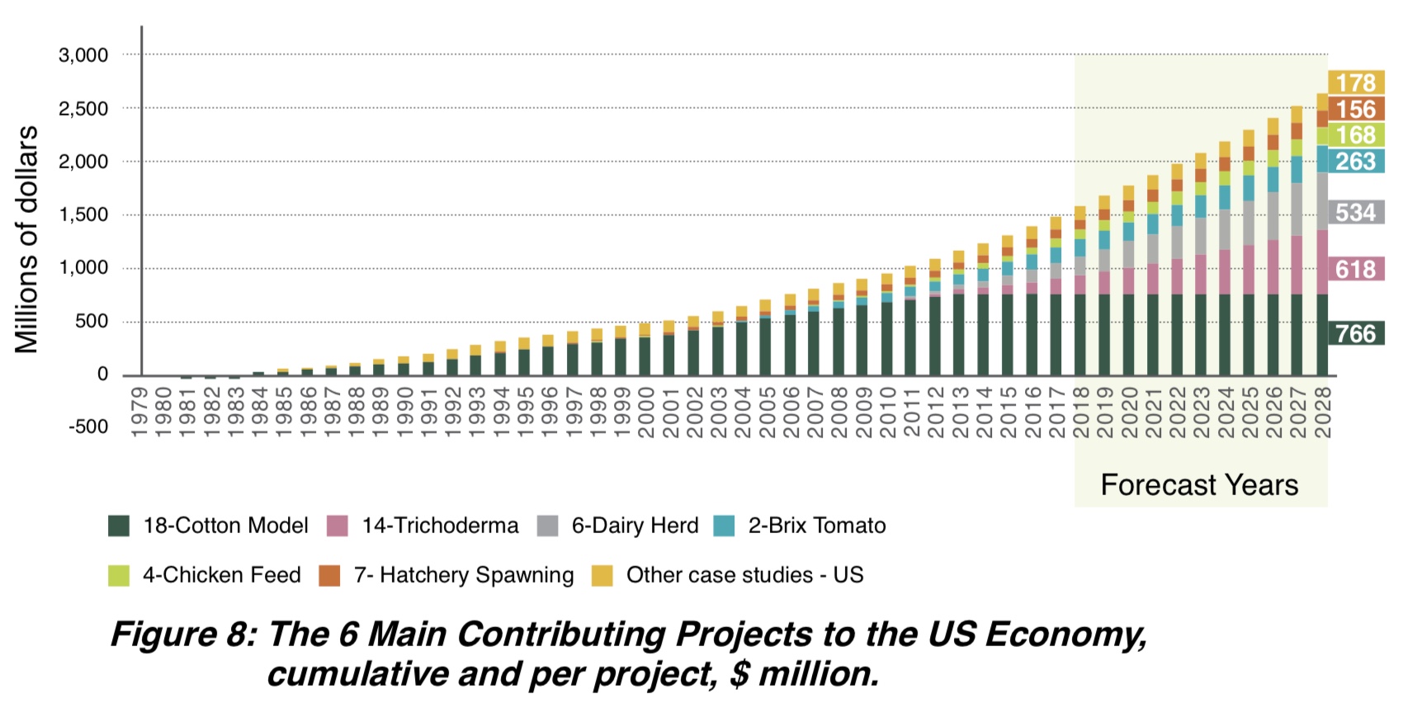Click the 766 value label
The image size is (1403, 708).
[x=1356, y=333]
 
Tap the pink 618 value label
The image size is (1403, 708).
[x=1356, y=269]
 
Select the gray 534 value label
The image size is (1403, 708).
[x=1356, y=212]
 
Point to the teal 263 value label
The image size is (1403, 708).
[x=1356, y=161]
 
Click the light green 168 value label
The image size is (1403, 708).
[x=1356, y=135]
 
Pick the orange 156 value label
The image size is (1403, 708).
[x=1356, y=109]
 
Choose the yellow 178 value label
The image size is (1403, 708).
[x=1356, y=83]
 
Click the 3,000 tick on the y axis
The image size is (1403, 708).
[x=83, y=55]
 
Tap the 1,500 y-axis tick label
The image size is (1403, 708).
[x=83, y=215]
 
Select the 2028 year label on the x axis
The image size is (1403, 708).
[x=1323, y=412]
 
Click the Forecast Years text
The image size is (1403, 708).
[x=1199, y=484]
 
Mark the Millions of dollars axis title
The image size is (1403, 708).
[x=26, y=239]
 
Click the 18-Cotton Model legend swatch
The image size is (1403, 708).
[x=119, y=526]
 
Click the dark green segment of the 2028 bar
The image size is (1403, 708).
[x=1322, y=333]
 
